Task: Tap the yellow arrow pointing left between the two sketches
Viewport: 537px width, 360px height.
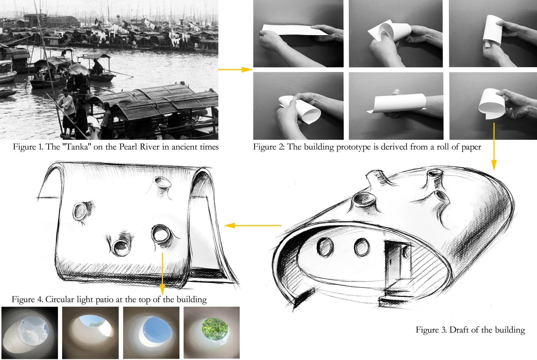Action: [x=253, y=225]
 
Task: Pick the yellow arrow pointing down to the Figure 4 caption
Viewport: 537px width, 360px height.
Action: [x=162, y=274]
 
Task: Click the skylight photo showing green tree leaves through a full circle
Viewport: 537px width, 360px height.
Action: [x=212, y=333]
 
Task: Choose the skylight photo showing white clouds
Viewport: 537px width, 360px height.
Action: [x=30, y=333]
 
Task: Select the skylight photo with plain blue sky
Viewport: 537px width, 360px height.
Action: [x=151, y=333]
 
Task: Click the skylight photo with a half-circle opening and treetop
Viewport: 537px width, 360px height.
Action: [x=90, y=333]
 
